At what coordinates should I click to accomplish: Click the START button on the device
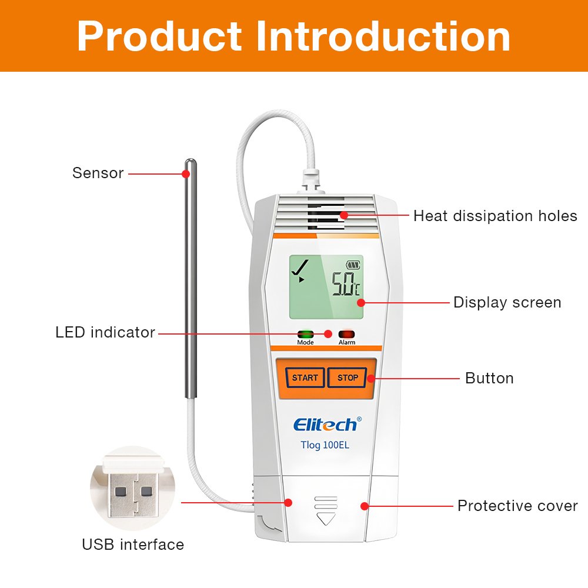(305, 377)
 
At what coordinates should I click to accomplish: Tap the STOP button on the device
(348, 377)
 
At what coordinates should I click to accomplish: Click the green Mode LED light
(305, 333)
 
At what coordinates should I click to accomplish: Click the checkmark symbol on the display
(301, 268)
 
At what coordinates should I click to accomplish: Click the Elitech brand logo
(325, 424)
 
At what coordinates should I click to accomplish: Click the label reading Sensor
(98, 173)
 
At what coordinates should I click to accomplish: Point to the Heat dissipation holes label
(495, 216)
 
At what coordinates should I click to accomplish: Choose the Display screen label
(507, 303)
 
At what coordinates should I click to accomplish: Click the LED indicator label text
(105, 332)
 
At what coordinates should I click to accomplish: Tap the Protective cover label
(517, 506)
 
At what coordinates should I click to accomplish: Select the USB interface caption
(133, 544)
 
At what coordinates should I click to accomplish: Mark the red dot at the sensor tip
(186, 173)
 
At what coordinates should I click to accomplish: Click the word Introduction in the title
(383, 36)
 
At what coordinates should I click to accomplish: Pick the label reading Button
(489, 378)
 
